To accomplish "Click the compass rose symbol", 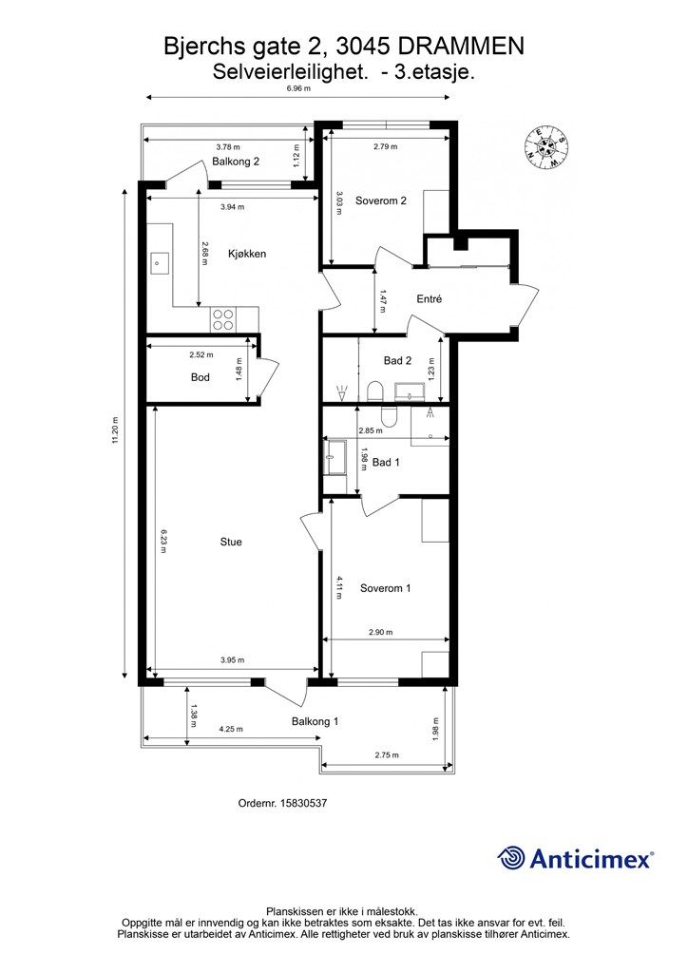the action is (546, 146).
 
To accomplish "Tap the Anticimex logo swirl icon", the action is (511, 858).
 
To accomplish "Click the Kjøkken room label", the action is (247, 253).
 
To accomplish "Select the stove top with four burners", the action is (223, 319).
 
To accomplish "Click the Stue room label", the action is (231, 542).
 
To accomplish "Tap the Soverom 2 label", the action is (381, 200).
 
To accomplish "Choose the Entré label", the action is (430, 298).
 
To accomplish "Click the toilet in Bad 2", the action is (375, 391).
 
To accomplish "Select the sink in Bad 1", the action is (335, 457).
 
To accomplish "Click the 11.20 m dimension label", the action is (116, 433).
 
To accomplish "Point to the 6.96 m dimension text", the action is (298, 88).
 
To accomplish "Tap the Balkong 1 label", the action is (315, 721).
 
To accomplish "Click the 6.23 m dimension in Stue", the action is (163, 541).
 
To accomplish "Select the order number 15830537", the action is (304, 803).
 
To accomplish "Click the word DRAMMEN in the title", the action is (460, 47).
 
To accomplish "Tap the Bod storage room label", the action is (200, 376).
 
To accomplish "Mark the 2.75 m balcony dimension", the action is (387, 755).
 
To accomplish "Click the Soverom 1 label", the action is (385, 587).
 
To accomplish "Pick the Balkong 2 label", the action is (236, 162).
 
